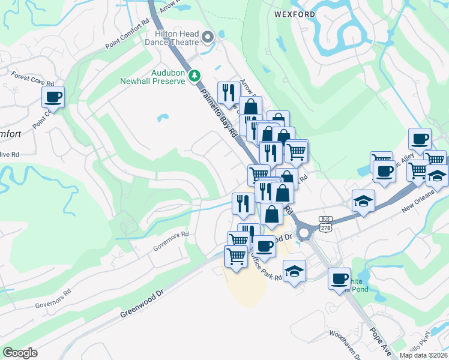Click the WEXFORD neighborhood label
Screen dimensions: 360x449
(x=295, y=14)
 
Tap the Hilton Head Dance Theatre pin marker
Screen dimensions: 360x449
(x=208, y=38)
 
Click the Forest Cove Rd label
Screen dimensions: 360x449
(x=33, y=79)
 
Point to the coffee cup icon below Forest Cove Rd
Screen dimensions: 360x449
(x=53, y=97)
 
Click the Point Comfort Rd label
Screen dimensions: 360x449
(x=127, y=35)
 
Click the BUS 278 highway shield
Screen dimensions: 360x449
(x=326, y=224)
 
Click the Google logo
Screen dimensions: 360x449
(x=20, y=352)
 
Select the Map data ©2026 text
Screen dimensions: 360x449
(x=423, y=355)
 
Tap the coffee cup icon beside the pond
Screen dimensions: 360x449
(x=340, y=278)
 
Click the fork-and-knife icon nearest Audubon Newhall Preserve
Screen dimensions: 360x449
(x=228, y=92)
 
